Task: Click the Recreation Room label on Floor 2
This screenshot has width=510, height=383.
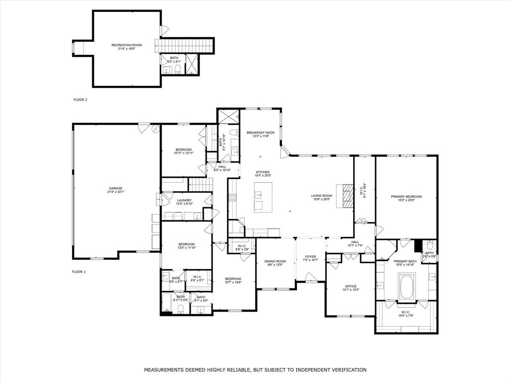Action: coord(127,45)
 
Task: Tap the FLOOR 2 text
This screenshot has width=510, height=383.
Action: coord(80,100)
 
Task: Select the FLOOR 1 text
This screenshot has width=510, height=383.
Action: coord(79,272)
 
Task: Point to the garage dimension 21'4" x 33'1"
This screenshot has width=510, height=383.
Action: coord(116,192)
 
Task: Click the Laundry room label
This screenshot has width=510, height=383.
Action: coord(184,200)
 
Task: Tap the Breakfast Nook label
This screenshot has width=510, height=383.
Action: coord(260,133)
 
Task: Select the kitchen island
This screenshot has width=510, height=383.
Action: coord(263,196)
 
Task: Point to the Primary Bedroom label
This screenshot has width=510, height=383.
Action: coord(406,196)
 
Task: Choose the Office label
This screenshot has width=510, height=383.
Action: coord(350,286)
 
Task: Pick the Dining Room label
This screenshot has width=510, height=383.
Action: coord(275,261)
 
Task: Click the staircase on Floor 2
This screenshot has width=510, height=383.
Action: coord(187,45)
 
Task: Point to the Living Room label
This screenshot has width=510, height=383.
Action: coord(322,195)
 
